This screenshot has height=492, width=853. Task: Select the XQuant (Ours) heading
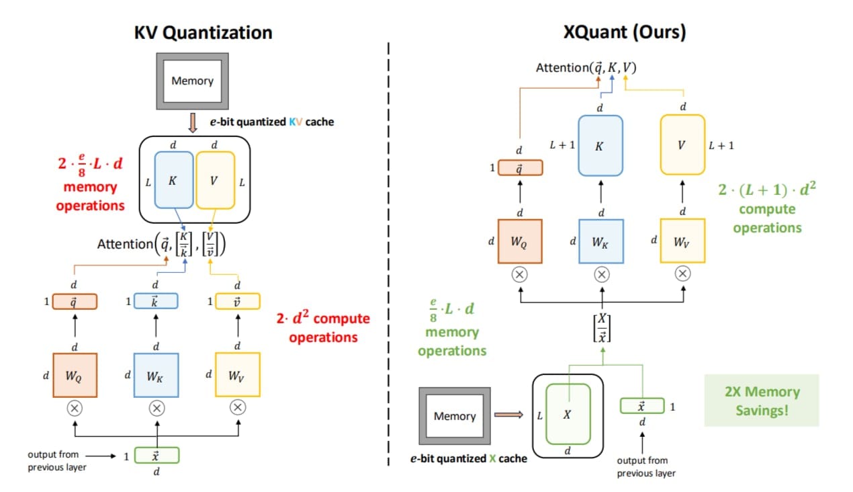[x=625, y=32]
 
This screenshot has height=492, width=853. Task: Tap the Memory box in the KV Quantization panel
[x=192, y=81]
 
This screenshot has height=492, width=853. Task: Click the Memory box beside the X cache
[x=454, y=416]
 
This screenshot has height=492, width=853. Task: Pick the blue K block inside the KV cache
[x=173, y=180]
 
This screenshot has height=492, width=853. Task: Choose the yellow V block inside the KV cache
[x=215, y=180]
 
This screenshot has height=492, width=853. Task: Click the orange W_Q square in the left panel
[x=75, y=375]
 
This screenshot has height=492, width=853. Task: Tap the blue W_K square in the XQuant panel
[x=601, y=241]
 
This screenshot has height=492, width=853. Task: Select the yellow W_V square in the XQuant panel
[x=682, y=241]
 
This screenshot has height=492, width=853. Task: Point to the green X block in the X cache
[x=568, y=414]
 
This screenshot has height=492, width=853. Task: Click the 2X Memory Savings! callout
[x=761, y=401]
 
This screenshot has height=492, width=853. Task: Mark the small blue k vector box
[x=156, y=301]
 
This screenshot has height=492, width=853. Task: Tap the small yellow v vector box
[x=237, y=301]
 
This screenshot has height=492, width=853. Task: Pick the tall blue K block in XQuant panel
[x=600, y=146]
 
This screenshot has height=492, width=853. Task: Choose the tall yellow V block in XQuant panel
[x=682, y=145]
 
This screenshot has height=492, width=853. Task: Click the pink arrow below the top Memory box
[x=193, y=123]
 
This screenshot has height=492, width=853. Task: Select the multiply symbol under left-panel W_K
[x=156, y=407]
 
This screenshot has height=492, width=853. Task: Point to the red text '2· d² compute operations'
[x=323, y=327]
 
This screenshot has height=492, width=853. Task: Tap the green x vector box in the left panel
[x=156, y=456]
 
